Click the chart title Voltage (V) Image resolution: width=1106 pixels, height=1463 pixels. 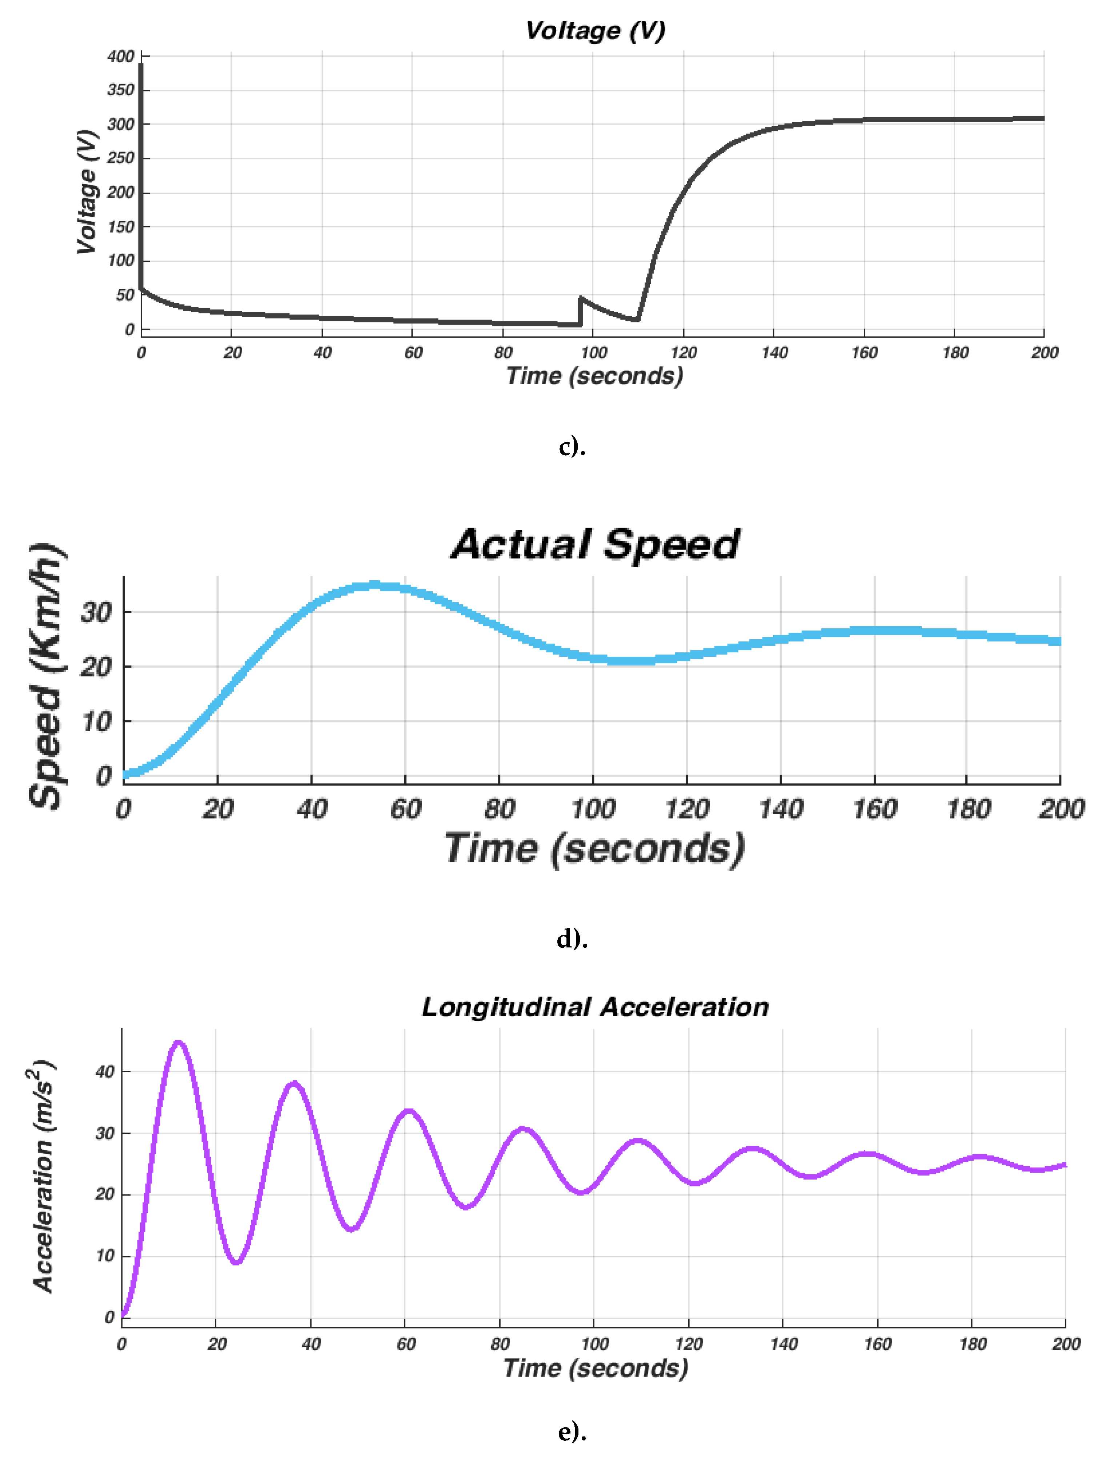tap(595, 31)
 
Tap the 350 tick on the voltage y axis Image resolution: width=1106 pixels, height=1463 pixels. tap(121, 90)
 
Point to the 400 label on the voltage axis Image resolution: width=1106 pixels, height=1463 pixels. tap(121, 56)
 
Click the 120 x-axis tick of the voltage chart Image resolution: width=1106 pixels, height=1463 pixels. tap(684, 353)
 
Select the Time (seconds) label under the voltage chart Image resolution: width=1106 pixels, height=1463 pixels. tap(594, 376)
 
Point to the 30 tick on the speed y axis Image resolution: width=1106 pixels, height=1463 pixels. tap(97, 612)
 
